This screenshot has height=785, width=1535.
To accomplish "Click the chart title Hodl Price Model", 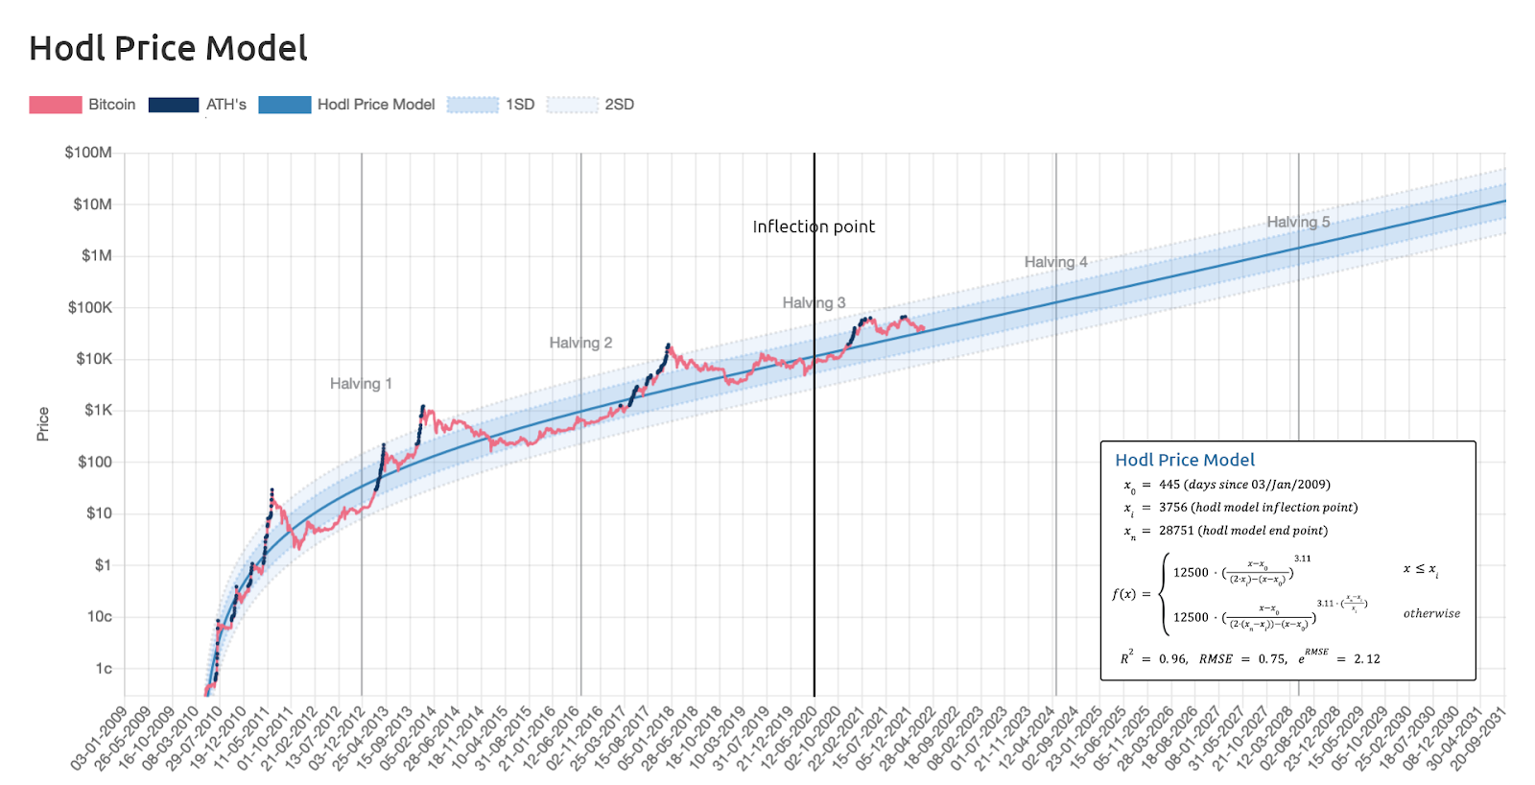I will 168,48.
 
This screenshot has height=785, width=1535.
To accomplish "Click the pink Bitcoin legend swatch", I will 56,105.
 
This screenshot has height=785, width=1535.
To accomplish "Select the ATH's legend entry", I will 225,105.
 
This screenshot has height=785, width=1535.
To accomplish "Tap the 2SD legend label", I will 619,105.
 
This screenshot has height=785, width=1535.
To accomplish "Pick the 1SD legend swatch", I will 473,105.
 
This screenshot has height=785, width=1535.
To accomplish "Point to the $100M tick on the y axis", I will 88,153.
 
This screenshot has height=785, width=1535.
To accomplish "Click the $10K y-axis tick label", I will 94,359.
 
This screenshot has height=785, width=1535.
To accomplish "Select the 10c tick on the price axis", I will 100,617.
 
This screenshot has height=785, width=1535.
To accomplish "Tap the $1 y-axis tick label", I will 103,565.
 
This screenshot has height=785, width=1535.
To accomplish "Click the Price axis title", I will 43,424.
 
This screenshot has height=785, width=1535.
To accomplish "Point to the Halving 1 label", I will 361,384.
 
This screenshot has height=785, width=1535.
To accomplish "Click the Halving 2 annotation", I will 580,343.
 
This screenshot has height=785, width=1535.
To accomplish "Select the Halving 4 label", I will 1055,262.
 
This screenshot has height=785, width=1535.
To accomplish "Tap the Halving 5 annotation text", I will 1298,222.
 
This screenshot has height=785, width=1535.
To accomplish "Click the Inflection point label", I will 814,226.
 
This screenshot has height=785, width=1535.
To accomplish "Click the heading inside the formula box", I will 1185,460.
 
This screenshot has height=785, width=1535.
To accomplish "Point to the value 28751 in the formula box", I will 1177,531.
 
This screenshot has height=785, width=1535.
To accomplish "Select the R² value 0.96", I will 1172,659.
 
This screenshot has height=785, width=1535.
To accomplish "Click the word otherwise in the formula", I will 1431,614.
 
